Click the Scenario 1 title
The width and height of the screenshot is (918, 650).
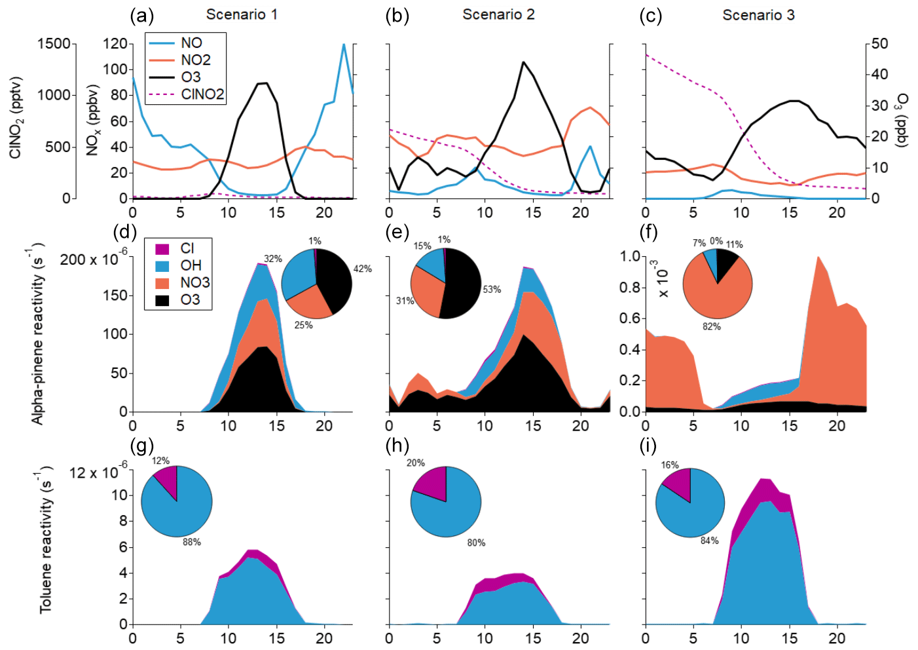pos(242,14)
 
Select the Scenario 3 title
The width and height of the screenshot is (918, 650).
pos(758,15)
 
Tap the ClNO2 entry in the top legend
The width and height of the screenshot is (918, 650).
pos(202,94)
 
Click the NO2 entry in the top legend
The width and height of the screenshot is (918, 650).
pos(195,60)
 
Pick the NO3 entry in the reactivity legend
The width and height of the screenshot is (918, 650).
pos(194,282)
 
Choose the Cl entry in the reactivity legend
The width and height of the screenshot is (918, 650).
pos(187,248)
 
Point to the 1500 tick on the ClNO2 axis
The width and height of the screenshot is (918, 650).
pos(54,44)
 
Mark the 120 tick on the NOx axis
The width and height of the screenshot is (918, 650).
pos(115,44)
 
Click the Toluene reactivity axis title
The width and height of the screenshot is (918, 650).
pos(45,541)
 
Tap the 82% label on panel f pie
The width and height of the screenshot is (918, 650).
pos(712,326)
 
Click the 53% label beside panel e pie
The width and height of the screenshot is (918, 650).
pos(492,289)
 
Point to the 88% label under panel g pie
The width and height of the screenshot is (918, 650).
pos(192,542)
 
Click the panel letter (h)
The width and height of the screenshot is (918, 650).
pos(398,446)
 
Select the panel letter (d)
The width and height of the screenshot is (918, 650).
pos(124,232)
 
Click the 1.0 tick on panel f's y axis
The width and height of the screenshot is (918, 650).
pos(629,256)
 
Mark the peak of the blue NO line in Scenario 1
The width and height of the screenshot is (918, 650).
pos(344,45)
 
